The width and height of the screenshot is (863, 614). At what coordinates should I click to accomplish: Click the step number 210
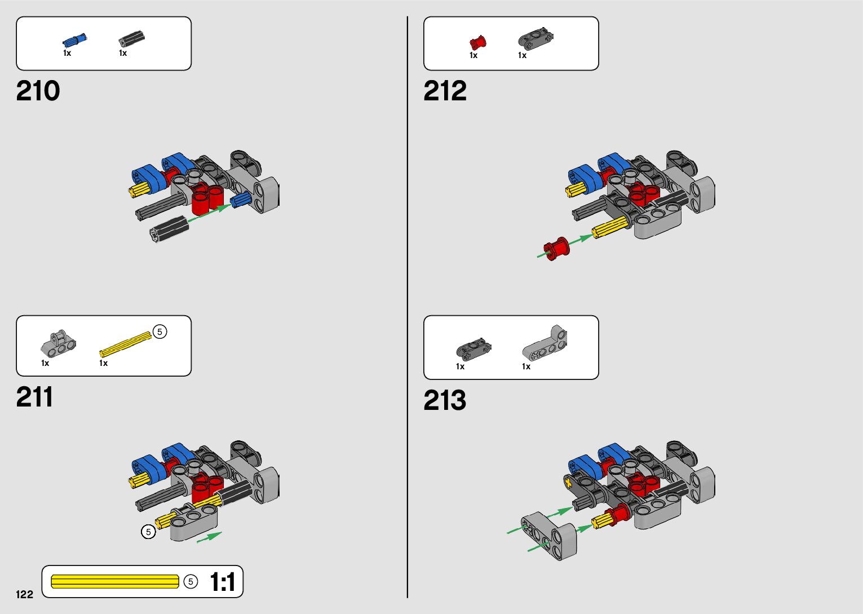click(x=38, y=91)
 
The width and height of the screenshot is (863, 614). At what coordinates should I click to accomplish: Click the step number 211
click(x=34, y=397)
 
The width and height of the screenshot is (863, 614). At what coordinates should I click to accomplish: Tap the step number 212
click(x=445, y=91)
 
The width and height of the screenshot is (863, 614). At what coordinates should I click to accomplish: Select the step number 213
click(x=445, y=400)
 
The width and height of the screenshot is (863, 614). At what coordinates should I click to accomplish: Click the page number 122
click(x=24, y=594)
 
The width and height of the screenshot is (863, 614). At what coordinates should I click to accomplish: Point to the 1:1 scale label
click(x=222, y=582)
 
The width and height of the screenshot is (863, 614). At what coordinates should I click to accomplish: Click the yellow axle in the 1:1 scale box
click(x=115, y=581)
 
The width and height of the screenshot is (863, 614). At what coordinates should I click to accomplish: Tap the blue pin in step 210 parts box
click(x=74, y=41)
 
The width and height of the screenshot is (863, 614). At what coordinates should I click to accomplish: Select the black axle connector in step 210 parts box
click(x=132, y=39)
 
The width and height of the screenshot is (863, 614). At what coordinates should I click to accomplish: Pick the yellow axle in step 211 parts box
click(x=125, y=344)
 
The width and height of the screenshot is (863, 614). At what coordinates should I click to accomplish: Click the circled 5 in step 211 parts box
click(x=160, y=332)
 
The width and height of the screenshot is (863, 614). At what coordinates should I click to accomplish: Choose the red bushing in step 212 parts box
click(x=477, y=42)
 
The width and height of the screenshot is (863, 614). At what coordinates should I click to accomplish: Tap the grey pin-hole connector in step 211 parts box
click(x=58, y=344)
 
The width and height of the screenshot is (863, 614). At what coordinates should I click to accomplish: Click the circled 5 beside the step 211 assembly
click(x=148, y=531)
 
